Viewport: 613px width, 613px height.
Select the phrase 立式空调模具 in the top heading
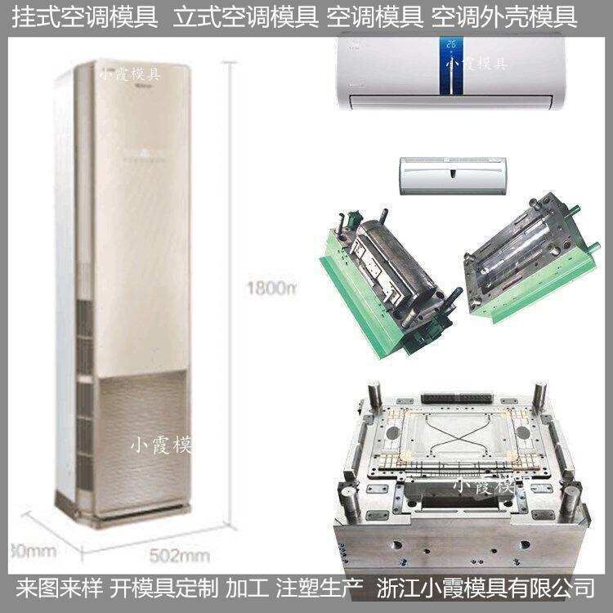pos(245,17)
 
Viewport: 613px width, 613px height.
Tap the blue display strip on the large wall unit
pos(448,66)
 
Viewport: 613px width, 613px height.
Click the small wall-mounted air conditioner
pos(452,176)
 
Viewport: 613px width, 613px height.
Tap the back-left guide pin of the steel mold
pos(374,396)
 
